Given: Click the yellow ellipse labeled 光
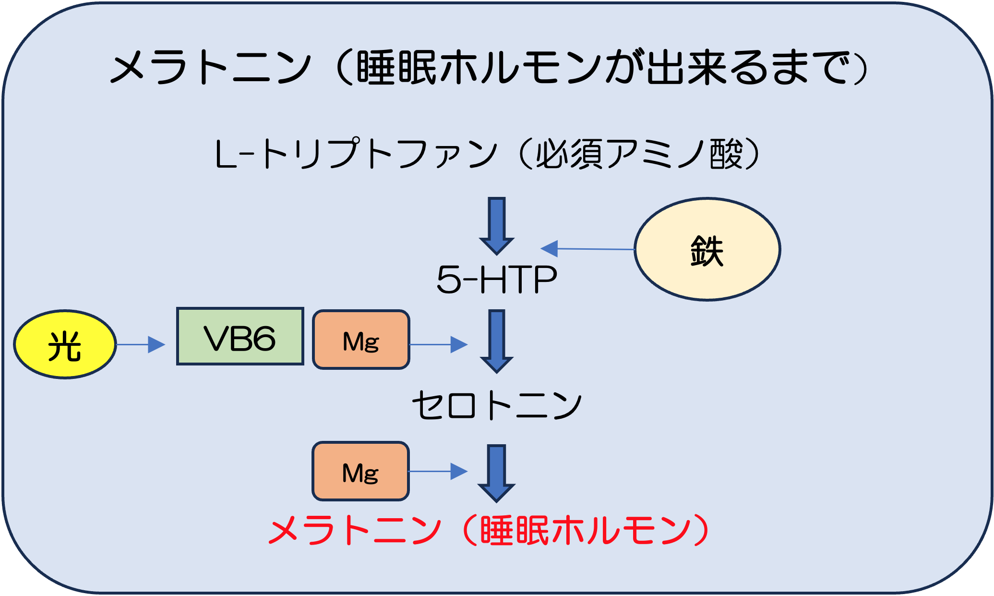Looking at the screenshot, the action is point(65,344).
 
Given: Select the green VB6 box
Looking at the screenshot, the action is point(240,336).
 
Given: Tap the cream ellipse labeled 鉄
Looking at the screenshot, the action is point(707,249).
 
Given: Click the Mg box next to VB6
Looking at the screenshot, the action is point(361,340).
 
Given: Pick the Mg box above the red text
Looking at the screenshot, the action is point(360,471).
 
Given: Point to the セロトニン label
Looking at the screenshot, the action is point(497,405).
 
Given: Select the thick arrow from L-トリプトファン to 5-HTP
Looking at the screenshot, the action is point(497,226).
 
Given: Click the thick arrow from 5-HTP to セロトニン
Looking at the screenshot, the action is point(497,341).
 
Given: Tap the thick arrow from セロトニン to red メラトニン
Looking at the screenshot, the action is point(496,474).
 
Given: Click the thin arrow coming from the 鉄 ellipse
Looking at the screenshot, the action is point(587,249).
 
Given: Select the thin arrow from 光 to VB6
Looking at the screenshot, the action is point(141,344).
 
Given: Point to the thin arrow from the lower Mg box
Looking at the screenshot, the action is point(438,472).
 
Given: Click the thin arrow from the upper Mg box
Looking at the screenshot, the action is point(439,344).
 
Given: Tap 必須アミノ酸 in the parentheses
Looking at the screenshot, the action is point(640,154).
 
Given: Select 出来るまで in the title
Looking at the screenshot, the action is point(746,67).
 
